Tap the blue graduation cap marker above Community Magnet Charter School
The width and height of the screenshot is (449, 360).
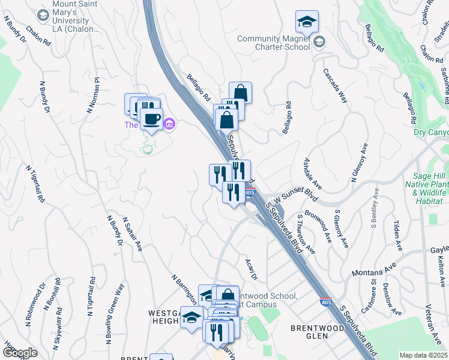(x=307, y=22)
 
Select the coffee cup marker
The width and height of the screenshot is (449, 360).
(x=152, y=119)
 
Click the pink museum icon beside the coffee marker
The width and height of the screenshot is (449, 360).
(x=170, y=124)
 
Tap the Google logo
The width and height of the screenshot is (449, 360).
(x=20, y=353)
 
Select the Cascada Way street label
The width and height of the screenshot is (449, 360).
(x=335, y=86)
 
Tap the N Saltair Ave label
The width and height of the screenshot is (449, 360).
(x=132, y=234)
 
